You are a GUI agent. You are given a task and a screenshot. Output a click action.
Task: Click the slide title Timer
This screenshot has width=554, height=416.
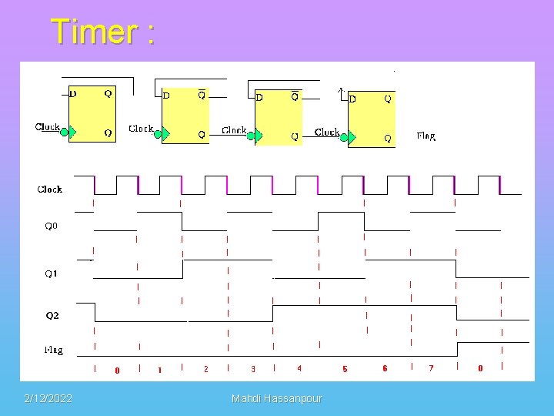coord(102,32)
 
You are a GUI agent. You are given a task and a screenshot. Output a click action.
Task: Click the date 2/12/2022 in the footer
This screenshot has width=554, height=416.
coord(48,398)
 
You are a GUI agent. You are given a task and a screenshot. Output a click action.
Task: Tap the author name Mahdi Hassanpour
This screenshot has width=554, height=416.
coord(277,398)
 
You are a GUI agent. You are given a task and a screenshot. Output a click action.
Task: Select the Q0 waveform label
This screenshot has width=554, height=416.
coord(50,226)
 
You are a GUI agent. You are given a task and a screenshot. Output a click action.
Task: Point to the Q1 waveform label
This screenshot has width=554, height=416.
coord(50,273)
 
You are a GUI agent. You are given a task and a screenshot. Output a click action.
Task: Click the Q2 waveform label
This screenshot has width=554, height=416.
coord(52,316)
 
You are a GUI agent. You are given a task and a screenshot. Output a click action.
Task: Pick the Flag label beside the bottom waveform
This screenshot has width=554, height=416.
coord(52,350)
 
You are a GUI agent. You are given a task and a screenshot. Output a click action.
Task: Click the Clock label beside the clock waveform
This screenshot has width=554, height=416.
coord(50,189)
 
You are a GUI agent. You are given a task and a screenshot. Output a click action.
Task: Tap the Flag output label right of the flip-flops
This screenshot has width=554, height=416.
coord(426,136)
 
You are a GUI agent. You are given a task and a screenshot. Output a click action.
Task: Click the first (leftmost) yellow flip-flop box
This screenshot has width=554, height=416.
coord(92,112)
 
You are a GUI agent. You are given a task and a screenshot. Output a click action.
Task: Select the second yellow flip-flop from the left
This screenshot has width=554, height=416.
coord(185,116)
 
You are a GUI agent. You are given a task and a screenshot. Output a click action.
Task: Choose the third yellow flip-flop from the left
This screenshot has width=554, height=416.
coord(278,117)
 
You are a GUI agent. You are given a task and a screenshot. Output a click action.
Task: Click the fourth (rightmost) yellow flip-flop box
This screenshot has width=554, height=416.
coord(371,119)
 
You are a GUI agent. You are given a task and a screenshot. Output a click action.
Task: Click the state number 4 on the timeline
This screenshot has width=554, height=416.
coord(299,369)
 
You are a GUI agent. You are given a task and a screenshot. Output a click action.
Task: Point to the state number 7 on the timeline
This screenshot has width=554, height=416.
coord(431,368)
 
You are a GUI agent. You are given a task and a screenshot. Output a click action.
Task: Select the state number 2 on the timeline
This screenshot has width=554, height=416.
coord(205,369)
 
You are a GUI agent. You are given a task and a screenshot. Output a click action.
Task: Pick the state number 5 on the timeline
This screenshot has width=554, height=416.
coord(345,370)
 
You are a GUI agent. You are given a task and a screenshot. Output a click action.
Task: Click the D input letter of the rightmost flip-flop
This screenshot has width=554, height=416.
coord(352,99)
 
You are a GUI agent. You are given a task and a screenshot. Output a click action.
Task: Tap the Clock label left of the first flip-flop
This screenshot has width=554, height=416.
coord(48,127)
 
